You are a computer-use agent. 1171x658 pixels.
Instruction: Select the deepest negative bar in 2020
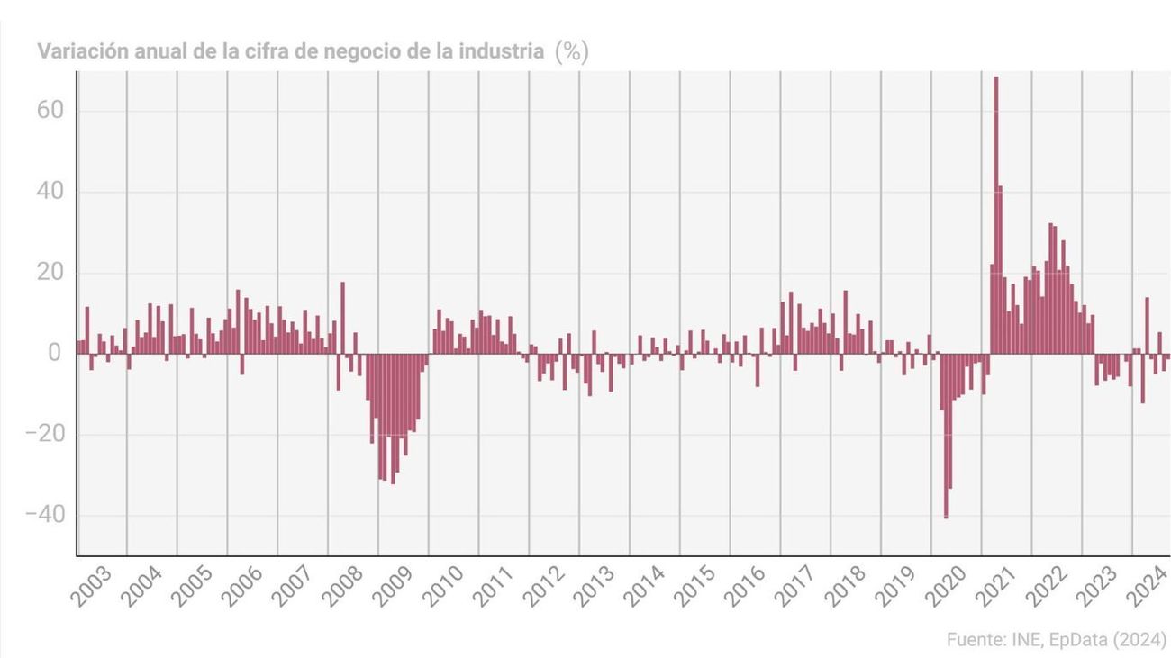945,436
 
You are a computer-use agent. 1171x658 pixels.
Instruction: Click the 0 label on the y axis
55,354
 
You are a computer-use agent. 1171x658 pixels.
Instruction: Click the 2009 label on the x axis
391,587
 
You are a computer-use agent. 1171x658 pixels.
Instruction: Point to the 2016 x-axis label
742,587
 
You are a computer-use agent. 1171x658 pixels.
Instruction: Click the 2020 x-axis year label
943,587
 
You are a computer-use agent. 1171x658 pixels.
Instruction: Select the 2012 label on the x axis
541,587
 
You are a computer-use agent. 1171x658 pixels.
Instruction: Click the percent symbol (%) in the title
571,52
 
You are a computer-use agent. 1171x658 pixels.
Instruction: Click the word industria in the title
501,52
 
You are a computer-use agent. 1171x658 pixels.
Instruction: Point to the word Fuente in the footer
976,640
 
